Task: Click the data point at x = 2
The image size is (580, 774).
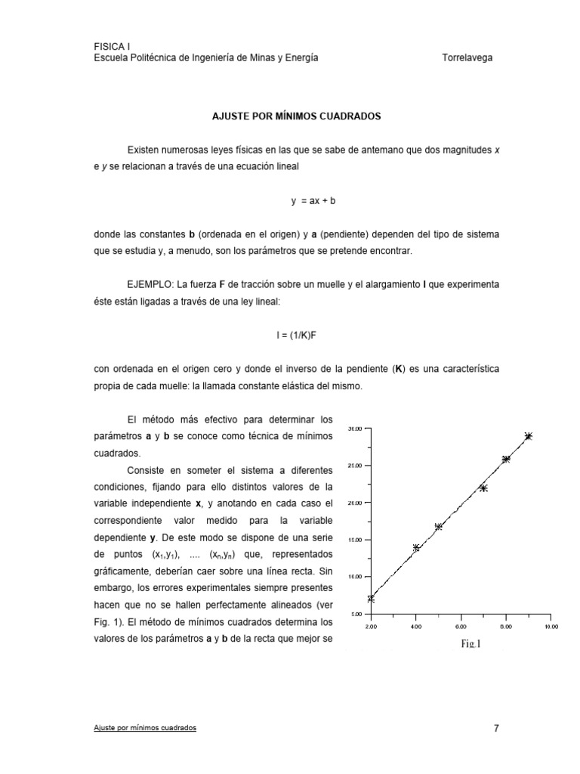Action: coord(371,599)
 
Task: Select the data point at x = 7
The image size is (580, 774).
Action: coord(483,488)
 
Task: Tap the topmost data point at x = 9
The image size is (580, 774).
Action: coord(529,436)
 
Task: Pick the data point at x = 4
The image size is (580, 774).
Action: coord(416,548)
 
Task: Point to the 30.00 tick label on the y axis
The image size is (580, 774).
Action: coord(354,429)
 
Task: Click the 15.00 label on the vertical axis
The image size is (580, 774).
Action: coord(354,540)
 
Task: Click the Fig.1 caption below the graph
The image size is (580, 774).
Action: coord(469,645)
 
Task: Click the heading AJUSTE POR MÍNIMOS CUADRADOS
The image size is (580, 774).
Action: coord(295,117)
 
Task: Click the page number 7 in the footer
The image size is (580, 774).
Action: coord(496,729)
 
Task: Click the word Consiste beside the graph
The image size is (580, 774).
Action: coord(148,469)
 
